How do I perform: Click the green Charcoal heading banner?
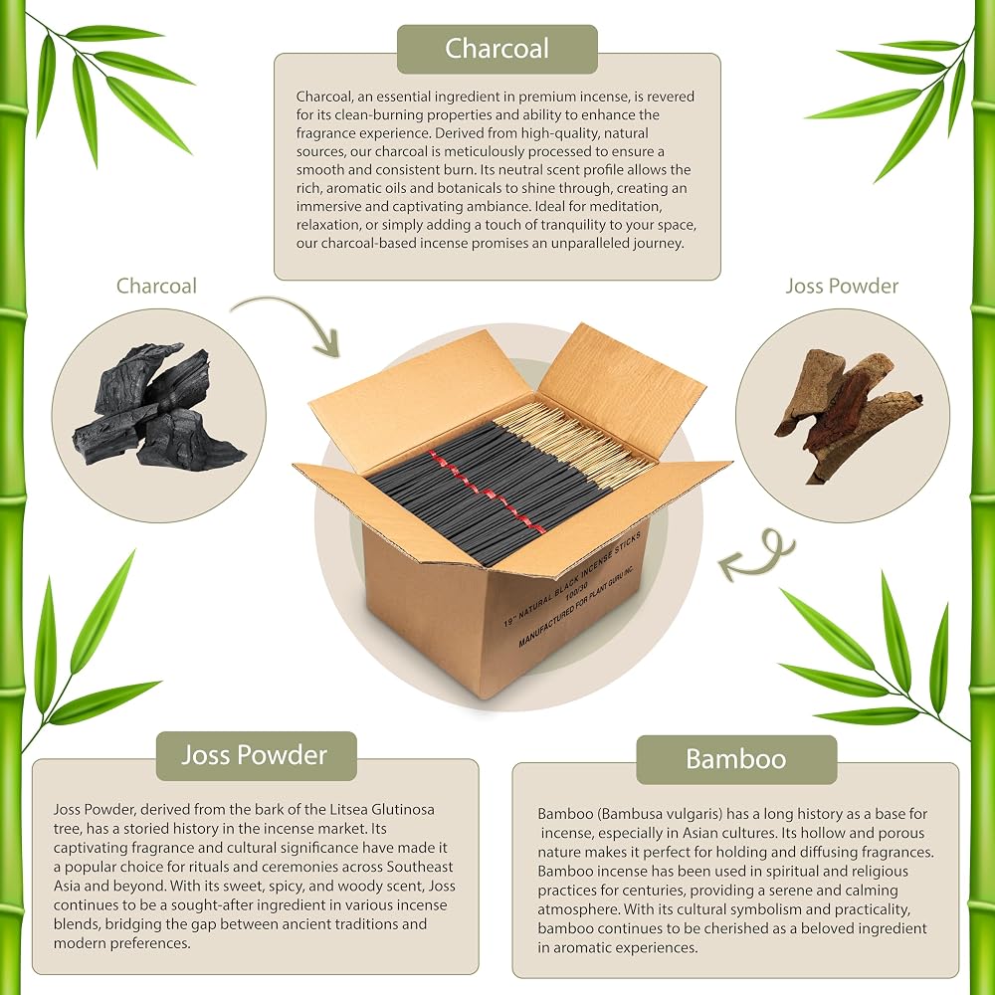[497, 49]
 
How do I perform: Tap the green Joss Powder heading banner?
[257, 755]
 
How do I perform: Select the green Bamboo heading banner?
[736, 759]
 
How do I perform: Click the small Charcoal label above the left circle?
[156, 286]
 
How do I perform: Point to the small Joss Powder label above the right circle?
[842, 286]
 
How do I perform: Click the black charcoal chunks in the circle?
[158, 406]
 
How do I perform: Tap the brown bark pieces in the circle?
[847, 414]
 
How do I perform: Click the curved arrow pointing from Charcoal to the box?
[289, 315]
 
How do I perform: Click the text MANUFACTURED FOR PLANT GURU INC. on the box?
[576, 606]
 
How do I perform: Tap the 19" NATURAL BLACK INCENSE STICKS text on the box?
[572, 579]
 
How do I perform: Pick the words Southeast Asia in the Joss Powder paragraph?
[254, 877]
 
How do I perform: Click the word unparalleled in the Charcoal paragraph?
[589, 243]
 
